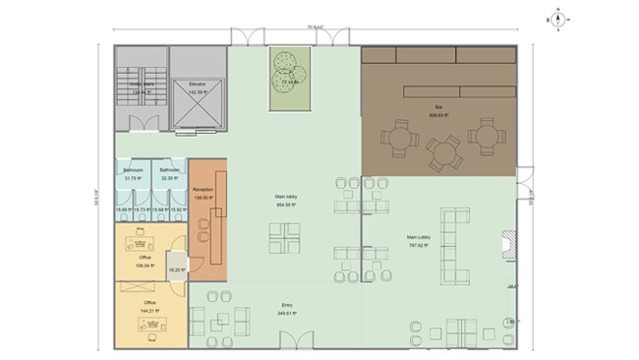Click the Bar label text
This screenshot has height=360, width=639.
437,109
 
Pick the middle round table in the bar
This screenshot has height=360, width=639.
442,151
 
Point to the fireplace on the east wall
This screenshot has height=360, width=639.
507,244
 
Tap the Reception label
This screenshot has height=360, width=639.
203,191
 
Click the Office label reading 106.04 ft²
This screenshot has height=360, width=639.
145,260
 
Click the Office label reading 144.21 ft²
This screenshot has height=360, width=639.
149,305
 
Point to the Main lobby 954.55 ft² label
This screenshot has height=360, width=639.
285,200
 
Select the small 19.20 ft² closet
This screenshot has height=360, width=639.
176,268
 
